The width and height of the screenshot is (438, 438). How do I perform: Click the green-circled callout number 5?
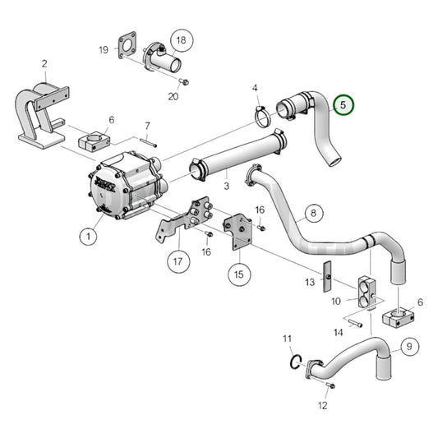[x=344, y=105]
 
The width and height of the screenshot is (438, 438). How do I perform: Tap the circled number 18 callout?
[x=181, y=39]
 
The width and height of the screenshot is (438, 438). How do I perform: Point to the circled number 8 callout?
[x=311, y=215]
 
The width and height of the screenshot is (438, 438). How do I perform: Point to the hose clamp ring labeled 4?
[x=261, y=118]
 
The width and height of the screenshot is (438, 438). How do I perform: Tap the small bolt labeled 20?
[x=185, y=81]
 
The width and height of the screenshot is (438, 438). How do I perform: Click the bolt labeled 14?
[x=354, y=324]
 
